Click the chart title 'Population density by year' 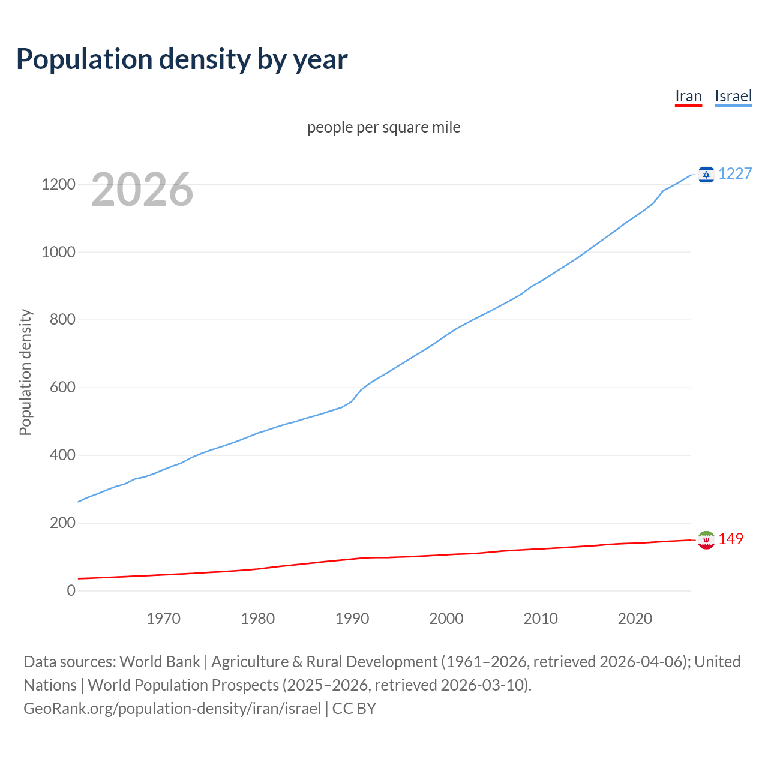182,59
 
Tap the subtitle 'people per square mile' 384,127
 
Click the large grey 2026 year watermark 142,190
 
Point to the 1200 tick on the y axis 58,184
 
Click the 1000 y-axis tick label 58,252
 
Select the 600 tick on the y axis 62,388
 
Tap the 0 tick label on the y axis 71,590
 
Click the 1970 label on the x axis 163,619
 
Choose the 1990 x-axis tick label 352,619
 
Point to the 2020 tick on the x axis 635,619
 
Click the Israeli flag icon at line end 706,174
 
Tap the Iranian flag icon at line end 706,540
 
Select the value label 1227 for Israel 735,173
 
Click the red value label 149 731,539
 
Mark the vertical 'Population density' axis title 25,372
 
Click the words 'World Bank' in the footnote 160,662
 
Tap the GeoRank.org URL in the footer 172,709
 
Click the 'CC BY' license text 354,709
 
